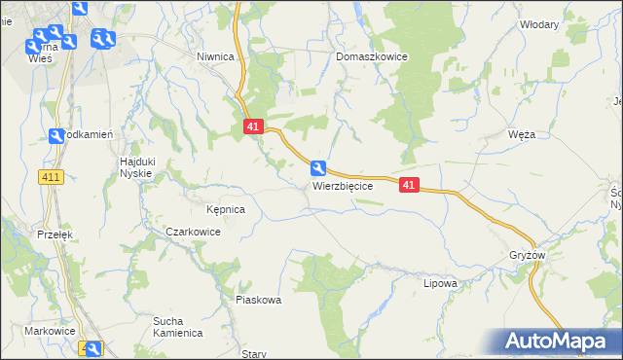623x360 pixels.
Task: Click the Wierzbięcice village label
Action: coord(343,185)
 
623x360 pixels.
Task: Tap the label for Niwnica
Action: coord(215,56)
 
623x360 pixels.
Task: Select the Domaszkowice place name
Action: coord(372,56)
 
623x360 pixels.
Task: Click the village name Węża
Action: coord(522,135)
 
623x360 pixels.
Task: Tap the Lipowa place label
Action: coord(440,283)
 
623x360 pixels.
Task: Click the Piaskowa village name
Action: coord(258,300)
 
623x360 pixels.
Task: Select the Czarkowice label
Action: coord(193,232)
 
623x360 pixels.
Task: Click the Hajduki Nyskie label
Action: coord(136,166)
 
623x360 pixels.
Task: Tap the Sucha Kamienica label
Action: coord(177,326)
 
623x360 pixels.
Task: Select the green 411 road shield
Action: coord(52,176)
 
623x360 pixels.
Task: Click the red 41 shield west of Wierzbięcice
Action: coord(253,126)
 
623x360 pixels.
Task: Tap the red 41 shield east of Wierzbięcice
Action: coord(409,184)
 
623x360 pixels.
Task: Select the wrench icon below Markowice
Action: coord(92,349)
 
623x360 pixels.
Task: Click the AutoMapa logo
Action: coord(558,341)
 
